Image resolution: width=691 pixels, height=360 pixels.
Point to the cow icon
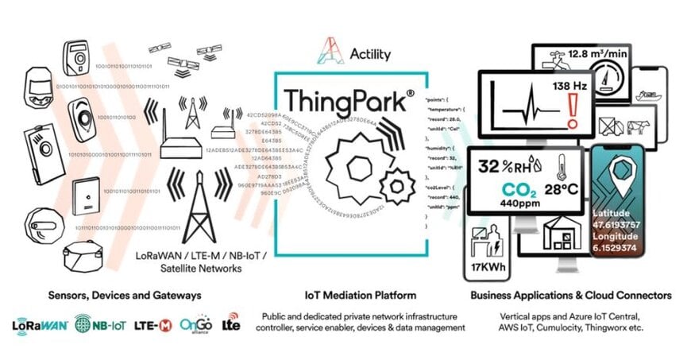[635, 125]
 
